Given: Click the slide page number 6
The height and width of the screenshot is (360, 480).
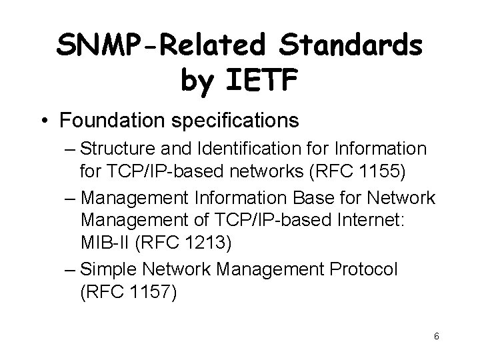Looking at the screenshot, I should [x=435, y=336].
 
